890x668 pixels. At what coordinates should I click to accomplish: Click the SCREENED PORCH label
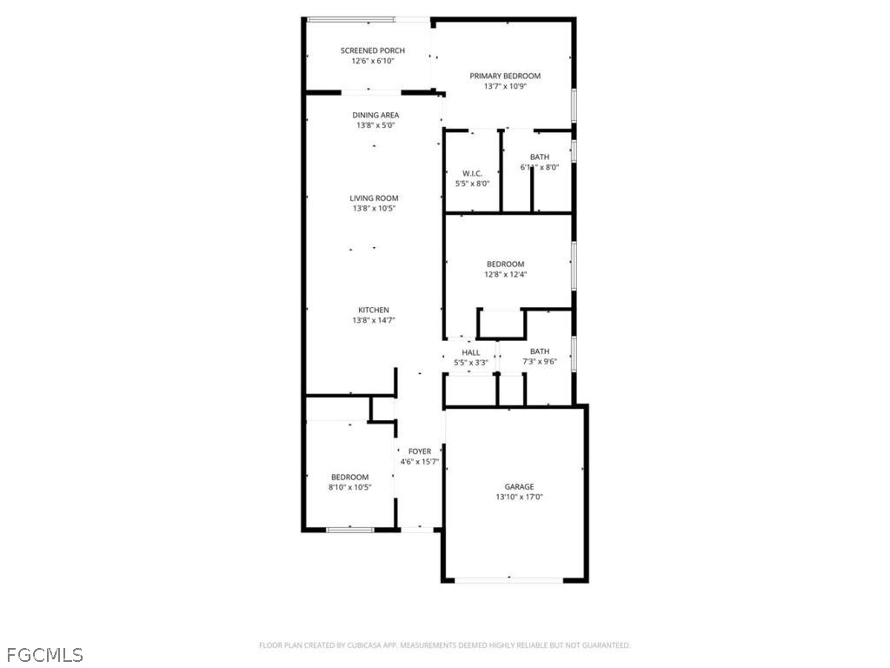click(372, 50)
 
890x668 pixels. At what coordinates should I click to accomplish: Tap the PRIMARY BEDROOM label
click(505, 77)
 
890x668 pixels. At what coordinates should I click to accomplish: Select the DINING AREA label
click(375, 116)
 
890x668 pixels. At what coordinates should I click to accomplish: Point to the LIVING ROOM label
click(374, 198)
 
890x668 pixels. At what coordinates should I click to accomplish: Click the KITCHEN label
click(374, 311)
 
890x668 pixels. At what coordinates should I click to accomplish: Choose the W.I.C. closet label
click(472, 174)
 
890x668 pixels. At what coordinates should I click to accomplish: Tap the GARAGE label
click(519, 487)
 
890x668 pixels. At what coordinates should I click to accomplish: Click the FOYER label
click(420, 451)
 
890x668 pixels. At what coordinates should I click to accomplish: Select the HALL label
click(470, 353)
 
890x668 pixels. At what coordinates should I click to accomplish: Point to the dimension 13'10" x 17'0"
click(519, 497)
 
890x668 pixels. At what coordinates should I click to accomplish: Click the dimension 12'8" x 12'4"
click(505, 274)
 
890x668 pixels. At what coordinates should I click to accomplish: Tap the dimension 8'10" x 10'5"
click(349, 487)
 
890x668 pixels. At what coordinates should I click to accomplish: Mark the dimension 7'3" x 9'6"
click(539, 362)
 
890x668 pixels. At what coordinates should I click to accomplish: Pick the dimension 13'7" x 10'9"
click(505, 86)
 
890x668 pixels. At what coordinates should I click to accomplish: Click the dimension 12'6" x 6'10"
click(372, 61)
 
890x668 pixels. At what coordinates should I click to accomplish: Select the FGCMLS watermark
click(45, 655)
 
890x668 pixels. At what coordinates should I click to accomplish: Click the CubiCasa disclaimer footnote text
click(444, 645)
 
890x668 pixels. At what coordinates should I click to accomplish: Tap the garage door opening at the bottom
click(508, 580)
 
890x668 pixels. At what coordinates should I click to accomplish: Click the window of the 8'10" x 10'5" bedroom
click(349, 530)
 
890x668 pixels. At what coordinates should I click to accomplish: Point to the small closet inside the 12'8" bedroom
click(501, 324)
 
